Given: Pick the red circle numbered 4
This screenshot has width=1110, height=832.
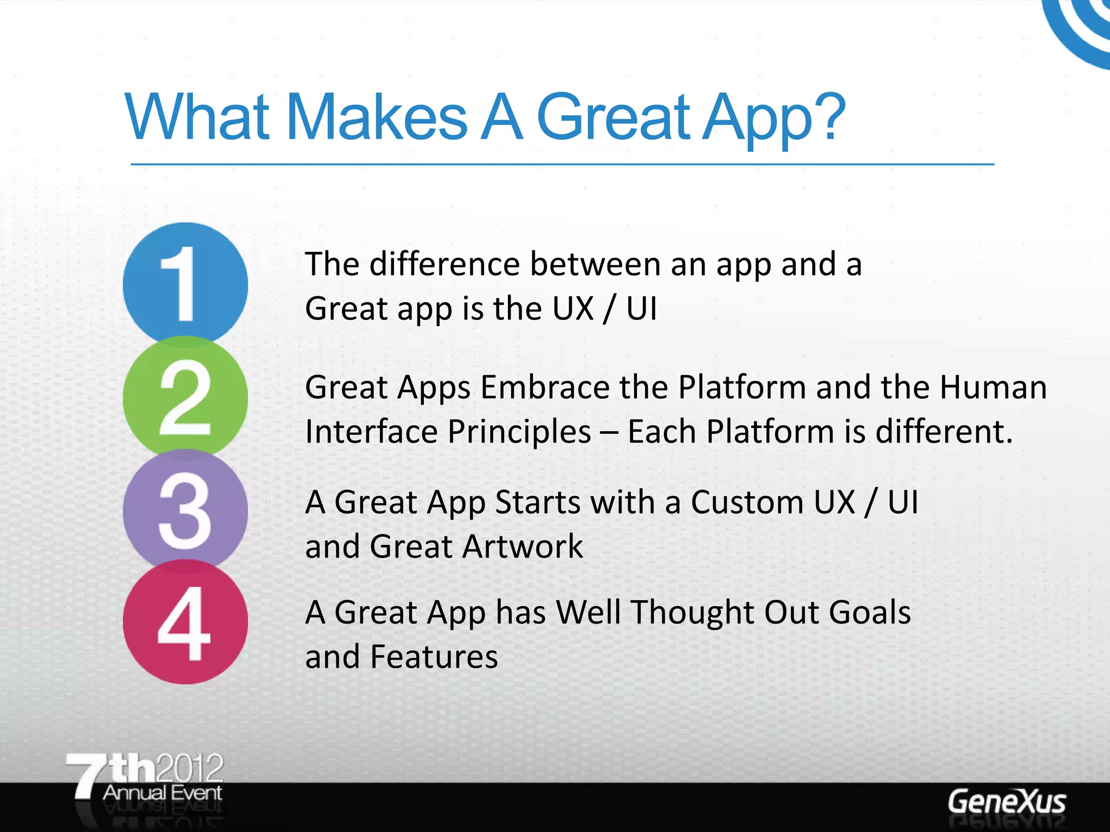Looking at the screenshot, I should click(185, 623).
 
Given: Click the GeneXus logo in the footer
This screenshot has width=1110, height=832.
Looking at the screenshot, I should click(1006, 802).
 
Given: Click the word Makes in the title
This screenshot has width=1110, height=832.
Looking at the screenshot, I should click(376, 117).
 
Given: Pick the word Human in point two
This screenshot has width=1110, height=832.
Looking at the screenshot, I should click(993, 388).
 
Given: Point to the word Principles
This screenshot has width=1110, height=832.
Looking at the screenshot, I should click(519, 432).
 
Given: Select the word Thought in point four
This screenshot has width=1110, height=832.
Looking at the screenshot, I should click(693, 613).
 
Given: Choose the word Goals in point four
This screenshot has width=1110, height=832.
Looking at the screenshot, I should click(869, 613).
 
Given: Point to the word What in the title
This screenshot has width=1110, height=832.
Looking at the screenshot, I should click(197, 117).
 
